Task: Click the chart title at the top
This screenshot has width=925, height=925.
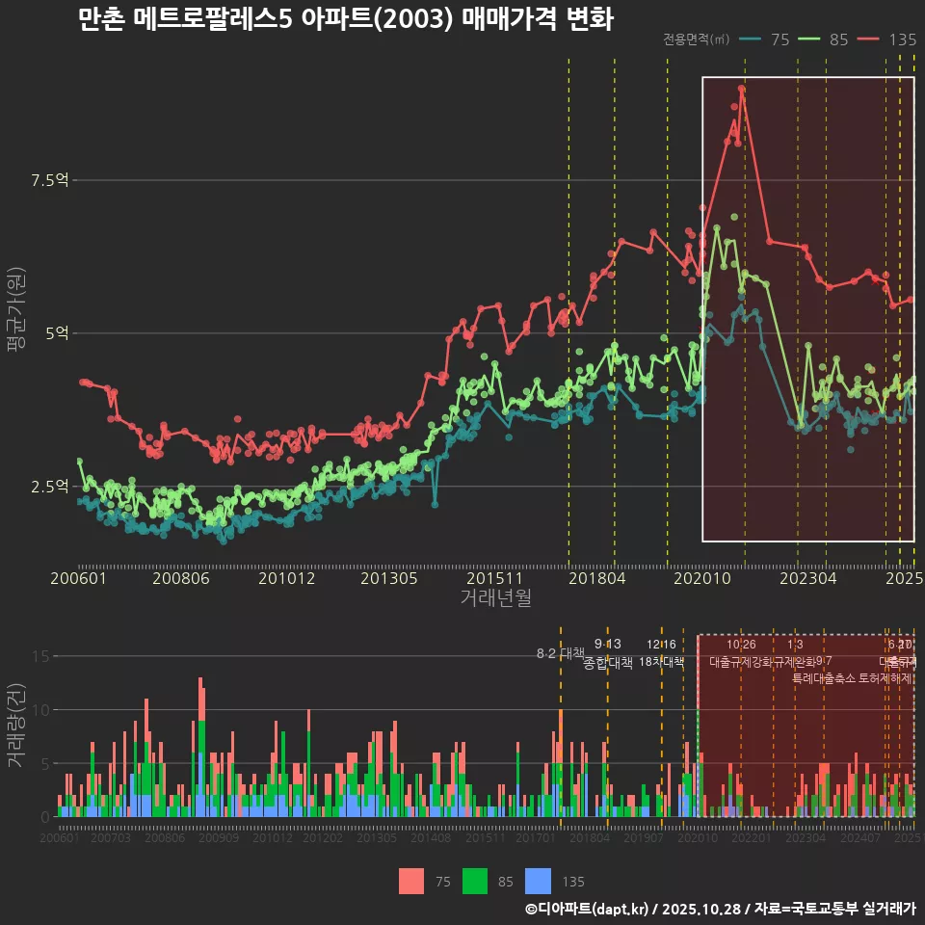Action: (345, 19)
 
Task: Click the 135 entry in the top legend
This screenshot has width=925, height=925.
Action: (902, 40)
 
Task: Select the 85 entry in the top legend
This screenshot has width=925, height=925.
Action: (838, 40)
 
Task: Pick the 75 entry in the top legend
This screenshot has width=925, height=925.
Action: (780, 40)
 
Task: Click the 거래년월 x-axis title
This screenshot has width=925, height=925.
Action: (495, 598)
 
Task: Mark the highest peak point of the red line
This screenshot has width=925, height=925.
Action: (741, 89)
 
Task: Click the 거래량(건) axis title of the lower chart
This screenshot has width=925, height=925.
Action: (15, 725)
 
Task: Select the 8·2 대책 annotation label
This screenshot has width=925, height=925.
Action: (560, 653)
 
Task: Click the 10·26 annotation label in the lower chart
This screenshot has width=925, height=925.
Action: (740, 645)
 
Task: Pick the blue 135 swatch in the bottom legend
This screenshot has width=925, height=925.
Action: (539, 881)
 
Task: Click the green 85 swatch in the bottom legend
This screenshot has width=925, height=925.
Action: (475, 881)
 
